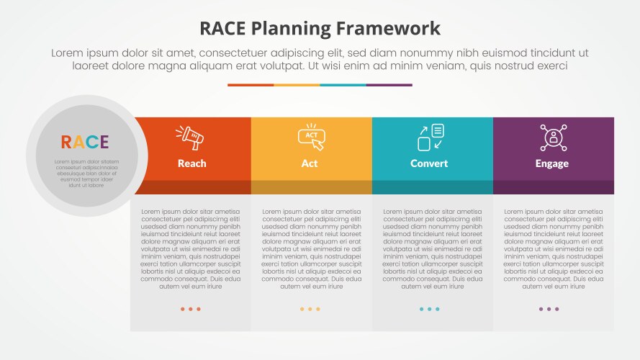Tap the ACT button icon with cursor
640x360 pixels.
(x=311, y=137)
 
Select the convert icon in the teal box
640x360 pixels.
(x=431, y=137)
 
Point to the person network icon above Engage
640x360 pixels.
(x=553, y=137)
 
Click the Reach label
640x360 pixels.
(x=191, y=163)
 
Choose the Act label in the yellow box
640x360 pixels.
(x=310, y=163)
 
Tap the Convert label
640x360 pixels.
(x=429, y=163)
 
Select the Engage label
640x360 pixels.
(x=552, y=163)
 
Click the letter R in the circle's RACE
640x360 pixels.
(x=66, y=142)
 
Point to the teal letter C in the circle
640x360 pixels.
(x=91, y=142)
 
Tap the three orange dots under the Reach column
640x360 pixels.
(x=191, y=309)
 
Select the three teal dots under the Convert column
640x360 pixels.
(x=429, y=309)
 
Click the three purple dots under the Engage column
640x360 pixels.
(x=549, y=309)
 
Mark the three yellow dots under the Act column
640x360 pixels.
(x=310, y=309)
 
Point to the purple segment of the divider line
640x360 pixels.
(x=389, y=85)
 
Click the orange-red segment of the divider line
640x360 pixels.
(x=251, y=85)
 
